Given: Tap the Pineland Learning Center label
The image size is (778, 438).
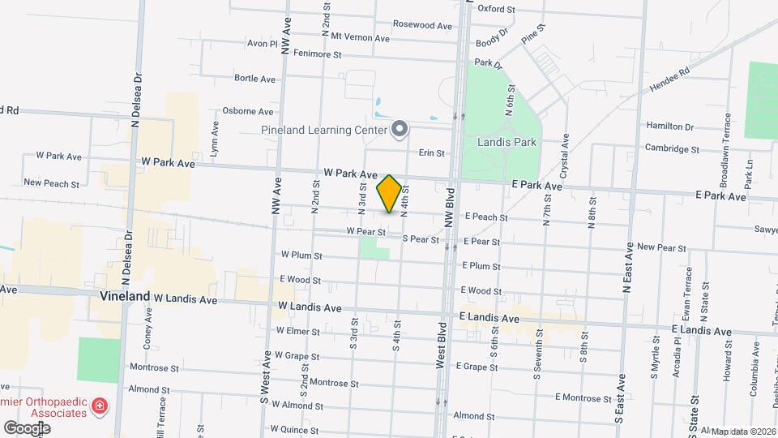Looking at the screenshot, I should click(323, 130).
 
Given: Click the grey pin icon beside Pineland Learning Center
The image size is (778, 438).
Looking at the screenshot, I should click(399, 128).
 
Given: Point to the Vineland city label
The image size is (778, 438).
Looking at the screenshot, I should click(125, 296).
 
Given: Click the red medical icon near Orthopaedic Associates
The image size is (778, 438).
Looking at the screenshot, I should click(100, 405).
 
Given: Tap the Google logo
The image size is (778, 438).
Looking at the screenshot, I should click(27, 427).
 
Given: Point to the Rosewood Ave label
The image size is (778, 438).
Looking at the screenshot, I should click(422, 25).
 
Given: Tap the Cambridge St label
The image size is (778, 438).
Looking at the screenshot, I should click(672, 149).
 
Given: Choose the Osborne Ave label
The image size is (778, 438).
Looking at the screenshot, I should click(248, 111).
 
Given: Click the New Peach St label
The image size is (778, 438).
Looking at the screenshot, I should click(51, 183).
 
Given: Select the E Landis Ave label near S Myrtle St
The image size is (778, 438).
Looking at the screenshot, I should click(702, 330).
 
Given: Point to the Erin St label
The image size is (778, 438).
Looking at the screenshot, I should click(431, 152).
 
